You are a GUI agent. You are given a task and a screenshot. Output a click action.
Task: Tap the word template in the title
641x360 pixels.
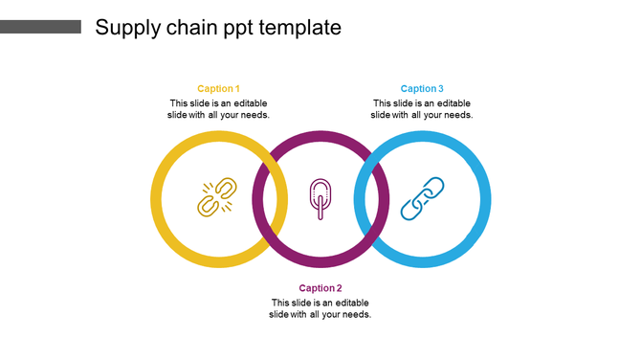coord(299,28)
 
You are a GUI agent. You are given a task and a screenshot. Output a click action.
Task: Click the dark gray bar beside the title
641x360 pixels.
coord(40,27)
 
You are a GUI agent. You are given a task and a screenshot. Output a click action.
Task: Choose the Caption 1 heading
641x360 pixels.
coord(218,89)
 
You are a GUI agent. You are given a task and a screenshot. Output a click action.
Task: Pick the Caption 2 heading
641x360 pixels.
coord(320,288)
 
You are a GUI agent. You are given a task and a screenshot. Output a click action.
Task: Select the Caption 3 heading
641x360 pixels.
coord(422,89)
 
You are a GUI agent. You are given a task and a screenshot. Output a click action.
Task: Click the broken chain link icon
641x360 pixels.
coord(217,198)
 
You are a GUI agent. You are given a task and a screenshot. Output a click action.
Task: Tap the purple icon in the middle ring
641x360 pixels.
coord(320,198)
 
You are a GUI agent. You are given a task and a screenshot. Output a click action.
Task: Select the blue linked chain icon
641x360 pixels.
coord(422,198)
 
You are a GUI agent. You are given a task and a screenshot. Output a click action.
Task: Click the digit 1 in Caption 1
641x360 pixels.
coord(237,89)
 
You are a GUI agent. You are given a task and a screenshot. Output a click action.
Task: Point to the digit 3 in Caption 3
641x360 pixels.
coord(441,89)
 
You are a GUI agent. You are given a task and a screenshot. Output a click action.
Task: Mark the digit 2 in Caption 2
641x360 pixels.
coord(339,288)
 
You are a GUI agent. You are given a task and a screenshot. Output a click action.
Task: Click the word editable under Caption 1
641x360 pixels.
coord(249,103)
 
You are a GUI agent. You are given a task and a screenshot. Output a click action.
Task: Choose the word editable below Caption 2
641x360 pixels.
coord(350,303)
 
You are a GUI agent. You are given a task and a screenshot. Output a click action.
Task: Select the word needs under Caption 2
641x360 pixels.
coord(355,314)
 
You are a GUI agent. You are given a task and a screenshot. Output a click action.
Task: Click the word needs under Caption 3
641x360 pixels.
coord(457,115)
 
